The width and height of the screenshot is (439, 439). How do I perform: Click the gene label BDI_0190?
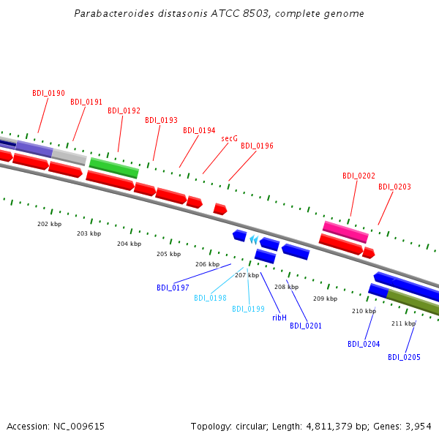pos(48,94)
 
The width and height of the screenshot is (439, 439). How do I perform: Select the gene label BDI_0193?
pos(161,120)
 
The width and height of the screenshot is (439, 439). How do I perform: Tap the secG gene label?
pos(229,138)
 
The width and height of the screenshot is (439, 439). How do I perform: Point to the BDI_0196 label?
pos(257,146)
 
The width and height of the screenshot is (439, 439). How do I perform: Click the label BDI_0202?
pos(359,176)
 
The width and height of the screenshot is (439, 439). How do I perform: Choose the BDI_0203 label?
pos(394,187)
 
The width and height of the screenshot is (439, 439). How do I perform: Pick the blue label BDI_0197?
pos(173,288)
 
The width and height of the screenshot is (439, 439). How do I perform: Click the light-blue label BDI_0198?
pos(210,299)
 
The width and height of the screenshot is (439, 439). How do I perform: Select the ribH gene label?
pos(279,318)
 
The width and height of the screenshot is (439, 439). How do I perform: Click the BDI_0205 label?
pos(404,358)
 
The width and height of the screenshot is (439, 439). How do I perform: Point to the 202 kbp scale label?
pos(49,224)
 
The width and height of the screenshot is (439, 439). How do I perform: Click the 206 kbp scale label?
pos(207,264)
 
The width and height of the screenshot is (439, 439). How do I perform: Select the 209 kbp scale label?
pos(325,299)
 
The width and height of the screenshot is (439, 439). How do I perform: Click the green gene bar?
pos(113,168)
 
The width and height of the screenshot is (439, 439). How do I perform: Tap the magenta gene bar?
pos(345,232)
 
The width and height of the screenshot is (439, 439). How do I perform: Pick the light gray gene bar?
pos(70,156)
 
